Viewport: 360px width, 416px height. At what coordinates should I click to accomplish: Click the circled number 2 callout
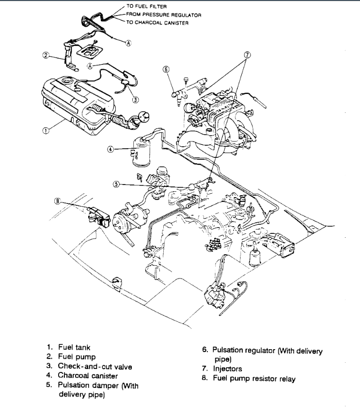point(44,56)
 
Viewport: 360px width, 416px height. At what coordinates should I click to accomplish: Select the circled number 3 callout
point(136,100)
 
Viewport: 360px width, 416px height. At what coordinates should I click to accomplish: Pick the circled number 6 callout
point(166,69)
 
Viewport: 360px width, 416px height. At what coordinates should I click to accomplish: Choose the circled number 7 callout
point(247,55)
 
